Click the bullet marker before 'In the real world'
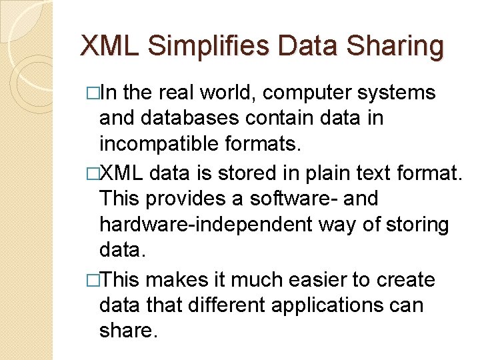[93, 93]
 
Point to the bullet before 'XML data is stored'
[93, 173]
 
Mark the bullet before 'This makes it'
[93, 279]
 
